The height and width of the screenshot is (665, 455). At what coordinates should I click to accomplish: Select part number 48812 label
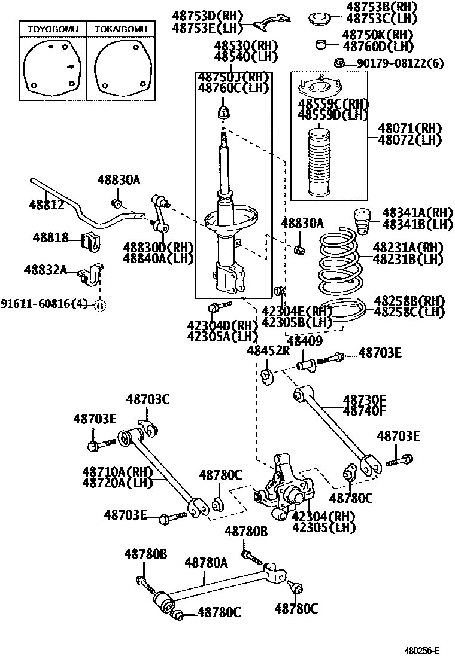[x=45, y=205]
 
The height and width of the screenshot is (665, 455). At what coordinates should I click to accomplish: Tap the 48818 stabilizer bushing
[x=89, y=240]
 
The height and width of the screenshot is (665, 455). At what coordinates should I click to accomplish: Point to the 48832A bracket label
[x=45, y=270]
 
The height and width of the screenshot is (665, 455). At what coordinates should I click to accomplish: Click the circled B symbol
[x=100, y=306]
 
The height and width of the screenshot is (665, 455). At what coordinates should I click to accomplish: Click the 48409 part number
[x=305, y=341]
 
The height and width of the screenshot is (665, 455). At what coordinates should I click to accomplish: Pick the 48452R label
[x=268, y=351]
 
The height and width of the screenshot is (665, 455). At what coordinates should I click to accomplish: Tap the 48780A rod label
[x=206, y=562]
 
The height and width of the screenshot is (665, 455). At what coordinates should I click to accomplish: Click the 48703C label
[x=147, y=399]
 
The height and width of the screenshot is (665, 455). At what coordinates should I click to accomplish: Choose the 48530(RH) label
[x=242, y=45]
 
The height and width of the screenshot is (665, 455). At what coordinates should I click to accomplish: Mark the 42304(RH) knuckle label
[x=323, y=516]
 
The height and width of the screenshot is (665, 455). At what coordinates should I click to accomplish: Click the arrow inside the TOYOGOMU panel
[x=72, y=67]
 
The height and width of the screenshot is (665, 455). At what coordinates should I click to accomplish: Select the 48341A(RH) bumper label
[x=409, y=213]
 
